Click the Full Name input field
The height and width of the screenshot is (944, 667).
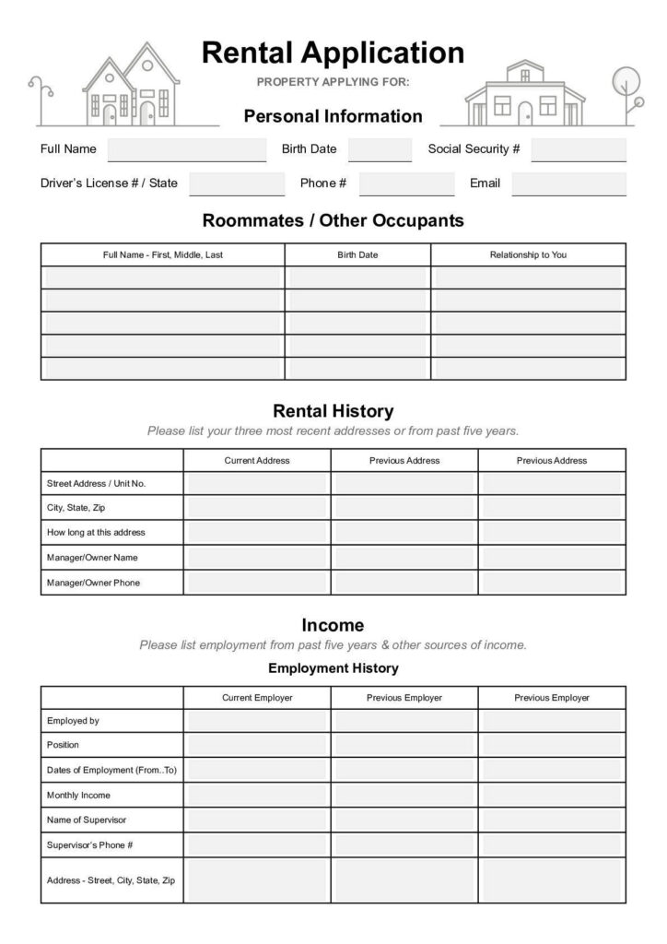[x=187, y=149]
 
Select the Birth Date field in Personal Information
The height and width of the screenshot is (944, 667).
[x=380, y=149]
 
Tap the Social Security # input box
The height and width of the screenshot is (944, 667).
[x=579, y=149]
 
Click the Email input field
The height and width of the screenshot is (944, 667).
[x=568, y=183]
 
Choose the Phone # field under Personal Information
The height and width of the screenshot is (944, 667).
[x=406, y=183]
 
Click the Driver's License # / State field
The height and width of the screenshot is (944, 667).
[x=237, y=183]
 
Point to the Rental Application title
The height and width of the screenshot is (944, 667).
[x=333, y=52]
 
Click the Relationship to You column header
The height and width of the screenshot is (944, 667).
[x=528, y=254]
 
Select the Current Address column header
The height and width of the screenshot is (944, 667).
[x=257, y=460]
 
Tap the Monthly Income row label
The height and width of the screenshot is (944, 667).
[x=78, y=795]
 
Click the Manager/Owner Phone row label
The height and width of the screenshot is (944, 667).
[x=93, y=583]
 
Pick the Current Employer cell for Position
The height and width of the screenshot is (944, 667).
[x=257, y=745]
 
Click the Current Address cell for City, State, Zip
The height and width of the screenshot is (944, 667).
[x=257, y=507]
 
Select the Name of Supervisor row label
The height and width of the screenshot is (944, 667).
[x=87, y=820]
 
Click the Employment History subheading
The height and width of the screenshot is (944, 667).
[x=333, y=668]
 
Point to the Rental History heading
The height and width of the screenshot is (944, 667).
[x=333, y=411]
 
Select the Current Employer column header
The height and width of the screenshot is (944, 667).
[x=257, y=698]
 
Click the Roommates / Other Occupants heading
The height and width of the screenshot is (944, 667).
[x=333, y=221]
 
